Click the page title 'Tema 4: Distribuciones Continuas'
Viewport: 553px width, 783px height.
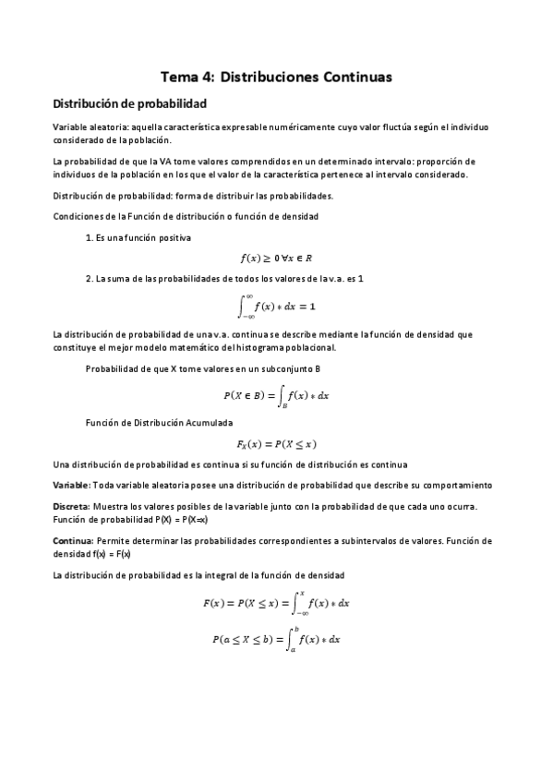click(277, 77)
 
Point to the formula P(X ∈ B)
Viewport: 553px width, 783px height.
click(276, 395)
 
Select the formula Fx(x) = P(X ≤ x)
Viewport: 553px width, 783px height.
click(276, 443)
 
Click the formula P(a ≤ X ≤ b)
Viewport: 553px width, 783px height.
click(276, 638)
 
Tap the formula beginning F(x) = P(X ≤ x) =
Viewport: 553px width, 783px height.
click(276, 603)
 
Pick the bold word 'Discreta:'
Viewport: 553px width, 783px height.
click(70, 507)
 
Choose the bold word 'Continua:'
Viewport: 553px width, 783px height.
click(72, 540)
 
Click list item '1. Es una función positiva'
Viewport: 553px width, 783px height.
click(138, 238)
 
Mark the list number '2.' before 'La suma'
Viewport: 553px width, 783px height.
click(89, 279)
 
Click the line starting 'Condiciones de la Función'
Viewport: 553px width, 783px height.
click(185, 216)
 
